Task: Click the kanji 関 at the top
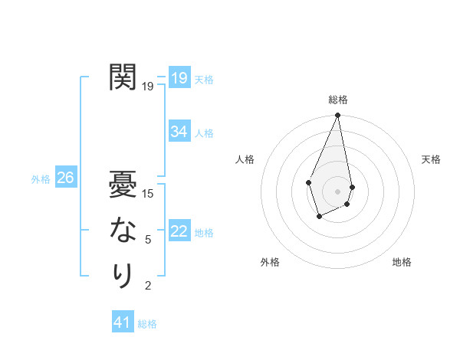[x=123, y=77]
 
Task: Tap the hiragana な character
[x=123, y=229]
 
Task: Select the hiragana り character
[x=123, y=275]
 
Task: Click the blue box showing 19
[x=179, y=78]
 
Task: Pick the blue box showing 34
[x=179, y=132]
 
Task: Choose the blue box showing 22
[x=179, y=231]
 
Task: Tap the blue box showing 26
[x=65, y=178]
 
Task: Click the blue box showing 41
[x=122, y=322]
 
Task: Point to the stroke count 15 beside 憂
[x=149, y=194]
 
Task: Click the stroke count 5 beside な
[x=148, y=240]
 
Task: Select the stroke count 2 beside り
[x=148, y=286]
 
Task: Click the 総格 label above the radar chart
[x=337, y=100]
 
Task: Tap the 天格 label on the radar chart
[x=431, y=159]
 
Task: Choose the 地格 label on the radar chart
[x=402, y=262]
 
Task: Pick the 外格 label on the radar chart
[x=270, y=262]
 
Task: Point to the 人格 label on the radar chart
[x=245, y=159]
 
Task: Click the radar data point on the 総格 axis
[x=337, y=116]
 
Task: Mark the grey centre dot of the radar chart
[x=337, y=191]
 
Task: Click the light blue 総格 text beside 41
[x=147, y=324]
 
